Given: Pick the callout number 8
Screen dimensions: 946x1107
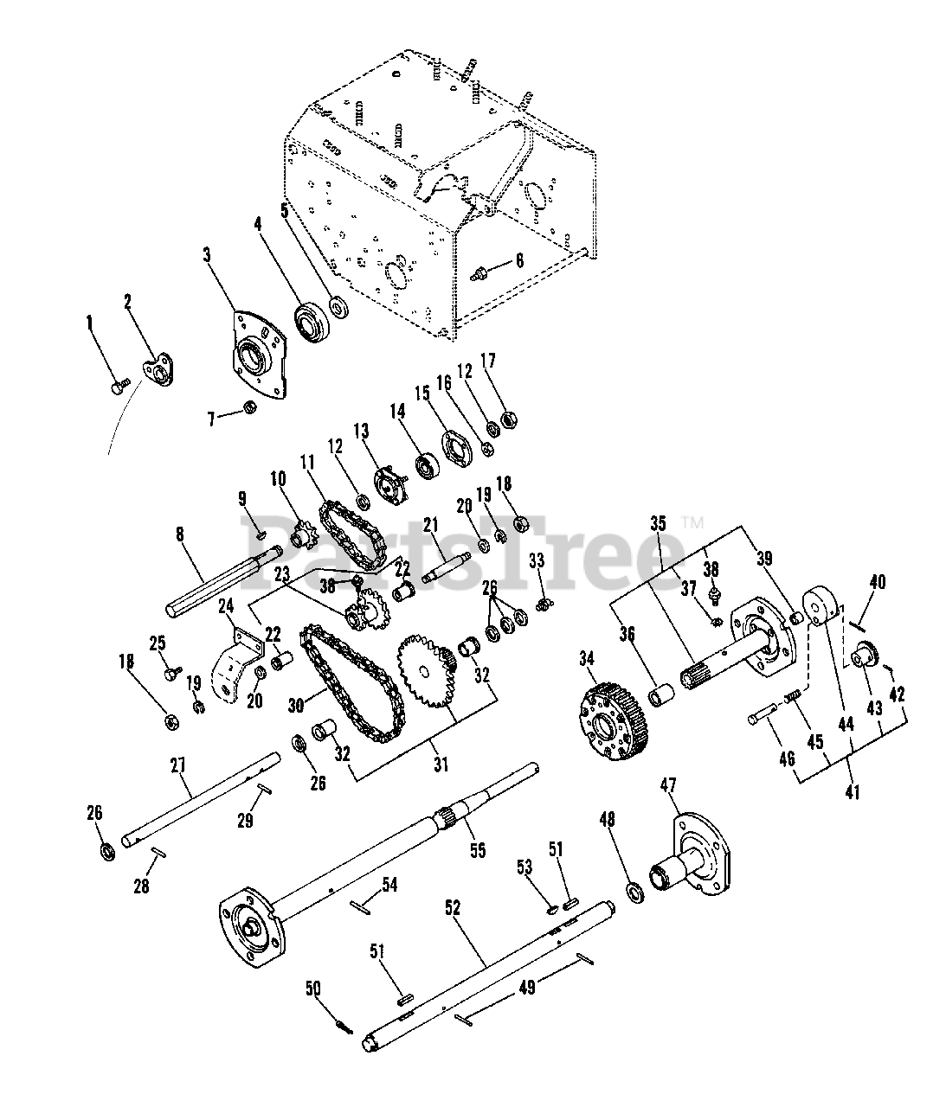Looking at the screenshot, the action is coord(180,535).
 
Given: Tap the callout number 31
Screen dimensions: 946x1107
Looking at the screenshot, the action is coord(442,765).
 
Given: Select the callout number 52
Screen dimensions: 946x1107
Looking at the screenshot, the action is coord(453,908).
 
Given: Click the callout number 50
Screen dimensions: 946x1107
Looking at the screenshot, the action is coord(313,988).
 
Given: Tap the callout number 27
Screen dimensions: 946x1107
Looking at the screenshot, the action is coord(178,766).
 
